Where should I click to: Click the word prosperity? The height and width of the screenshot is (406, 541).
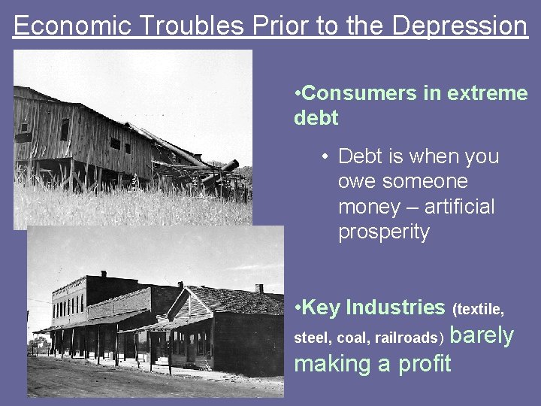[x=384, y=232]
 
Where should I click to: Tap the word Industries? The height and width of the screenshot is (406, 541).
[x=396, y=308]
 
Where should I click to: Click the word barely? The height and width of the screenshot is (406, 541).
[x=482, y=335]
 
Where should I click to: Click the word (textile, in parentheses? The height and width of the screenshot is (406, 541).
[x=478, y=309]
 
